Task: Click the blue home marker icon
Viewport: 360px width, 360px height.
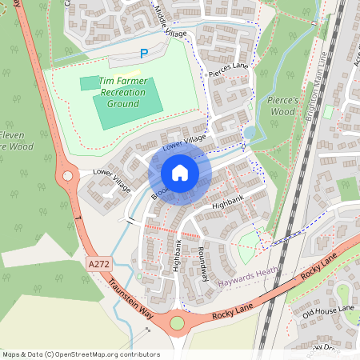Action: (180, 173)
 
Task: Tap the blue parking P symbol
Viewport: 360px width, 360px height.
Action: (144, 54)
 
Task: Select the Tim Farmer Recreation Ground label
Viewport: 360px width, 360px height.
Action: (122, 93)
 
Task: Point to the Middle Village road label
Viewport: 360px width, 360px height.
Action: (170, 22)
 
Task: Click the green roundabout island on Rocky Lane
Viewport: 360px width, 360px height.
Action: (177, 323)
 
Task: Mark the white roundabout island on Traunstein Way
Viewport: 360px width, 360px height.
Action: (67, 174)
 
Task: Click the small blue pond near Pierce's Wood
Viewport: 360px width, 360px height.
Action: (250, 133)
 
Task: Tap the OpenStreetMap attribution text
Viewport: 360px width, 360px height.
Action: (81, 354)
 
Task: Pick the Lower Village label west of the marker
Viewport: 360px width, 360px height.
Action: (110, 178)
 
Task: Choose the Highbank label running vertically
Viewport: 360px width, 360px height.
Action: (178, 255)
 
